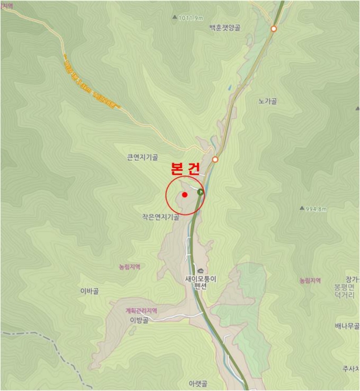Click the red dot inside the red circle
184,195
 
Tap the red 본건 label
184,169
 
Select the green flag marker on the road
200,192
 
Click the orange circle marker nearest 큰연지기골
215,159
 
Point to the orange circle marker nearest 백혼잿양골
273,28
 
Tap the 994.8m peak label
315,209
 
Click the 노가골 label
268,102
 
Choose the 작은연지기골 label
160,217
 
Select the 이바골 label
90,291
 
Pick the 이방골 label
139,320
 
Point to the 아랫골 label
198,384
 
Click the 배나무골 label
347,326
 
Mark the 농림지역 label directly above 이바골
129,267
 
